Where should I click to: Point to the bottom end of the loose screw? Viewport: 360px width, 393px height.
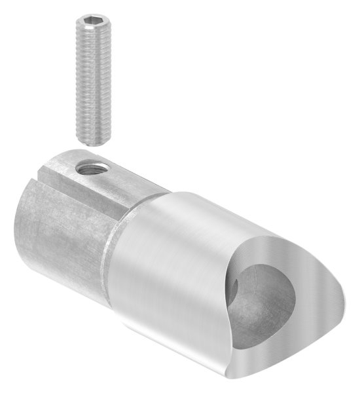pyautogui.click(x=95, y=140)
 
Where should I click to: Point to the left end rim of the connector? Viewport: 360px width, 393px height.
pyautogui.click(x=26, y=216)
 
